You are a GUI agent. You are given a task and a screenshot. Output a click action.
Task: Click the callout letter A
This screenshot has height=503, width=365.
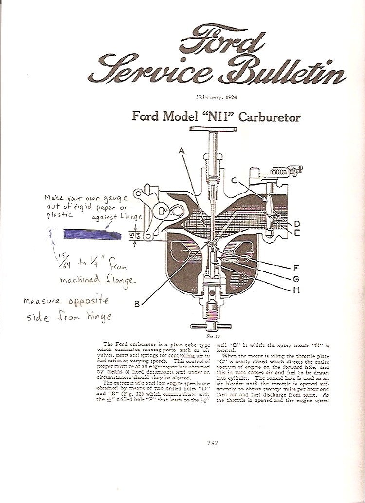182,151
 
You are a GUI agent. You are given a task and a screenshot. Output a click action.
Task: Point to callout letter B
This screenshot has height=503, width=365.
137,304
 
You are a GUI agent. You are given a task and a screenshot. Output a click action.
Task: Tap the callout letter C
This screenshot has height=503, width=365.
234,181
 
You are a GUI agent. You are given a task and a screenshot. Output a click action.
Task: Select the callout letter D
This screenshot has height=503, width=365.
296,224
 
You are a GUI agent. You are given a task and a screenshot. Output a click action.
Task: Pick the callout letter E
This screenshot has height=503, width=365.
296,232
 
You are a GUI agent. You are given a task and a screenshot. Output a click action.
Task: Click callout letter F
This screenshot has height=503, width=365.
296,267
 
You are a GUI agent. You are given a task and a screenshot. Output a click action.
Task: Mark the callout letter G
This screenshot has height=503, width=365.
296,279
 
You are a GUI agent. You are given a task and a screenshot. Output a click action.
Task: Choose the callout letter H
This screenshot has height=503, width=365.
296,290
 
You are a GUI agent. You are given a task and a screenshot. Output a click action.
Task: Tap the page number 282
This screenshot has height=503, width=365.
212,443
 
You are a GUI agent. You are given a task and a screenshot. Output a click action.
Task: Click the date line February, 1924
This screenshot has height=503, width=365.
217,97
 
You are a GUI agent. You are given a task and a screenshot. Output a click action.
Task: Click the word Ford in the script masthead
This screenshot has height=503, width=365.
221,41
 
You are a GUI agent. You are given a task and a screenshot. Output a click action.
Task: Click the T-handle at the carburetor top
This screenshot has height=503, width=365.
212,129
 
